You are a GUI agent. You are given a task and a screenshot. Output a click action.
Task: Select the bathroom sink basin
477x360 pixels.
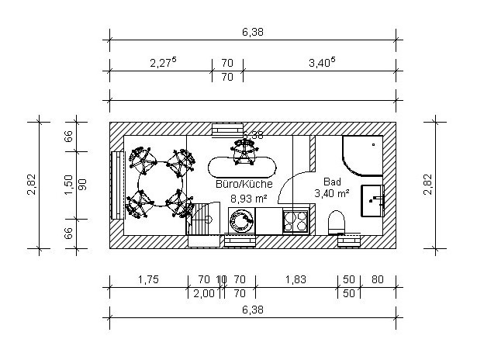tap(372, 200)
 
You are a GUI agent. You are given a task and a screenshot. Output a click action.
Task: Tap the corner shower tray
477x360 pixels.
tap(362, 156)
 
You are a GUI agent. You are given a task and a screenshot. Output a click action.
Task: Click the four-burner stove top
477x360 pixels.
tap(296, 221)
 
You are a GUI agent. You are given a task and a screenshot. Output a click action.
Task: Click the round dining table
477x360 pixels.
tap(161, 184)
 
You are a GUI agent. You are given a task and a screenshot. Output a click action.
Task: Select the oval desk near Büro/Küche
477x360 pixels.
tap(242, 168)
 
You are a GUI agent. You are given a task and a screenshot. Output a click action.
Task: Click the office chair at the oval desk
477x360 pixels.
tap(244, 151)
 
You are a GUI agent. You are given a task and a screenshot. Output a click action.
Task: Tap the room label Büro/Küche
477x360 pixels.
tap(244, 184)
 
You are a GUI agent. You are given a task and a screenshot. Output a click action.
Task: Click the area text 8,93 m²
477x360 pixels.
tap(248, 199)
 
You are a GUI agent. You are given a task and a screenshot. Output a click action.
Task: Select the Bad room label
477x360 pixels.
tap(332, 182)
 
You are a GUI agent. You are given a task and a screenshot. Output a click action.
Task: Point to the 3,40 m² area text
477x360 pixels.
tap(332, 193)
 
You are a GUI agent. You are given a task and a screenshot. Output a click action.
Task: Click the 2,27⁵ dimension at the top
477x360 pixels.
tap(163, 62)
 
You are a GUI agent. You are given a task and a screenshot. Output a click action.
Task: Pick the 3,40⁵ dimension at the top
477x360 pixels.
tap(322, 62)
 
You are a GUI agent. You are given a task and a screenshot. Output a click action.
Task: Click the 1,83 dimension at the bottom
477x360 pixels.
tap(296, 279)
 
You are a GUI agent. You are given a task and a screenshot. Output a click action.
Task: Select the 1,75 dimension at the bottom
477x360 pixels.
tap(148, 279)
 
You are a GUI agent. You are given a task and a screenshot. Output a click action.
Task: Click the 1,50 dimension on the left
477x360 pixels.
tap(69, 185)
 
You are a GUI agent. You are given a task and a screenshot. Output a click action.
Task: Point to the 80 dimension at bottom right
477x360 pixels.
tap(378, 279)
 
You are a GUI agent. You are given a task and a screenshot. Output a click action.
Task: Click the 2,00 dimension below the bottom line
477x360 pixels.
tap(204, 293)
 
